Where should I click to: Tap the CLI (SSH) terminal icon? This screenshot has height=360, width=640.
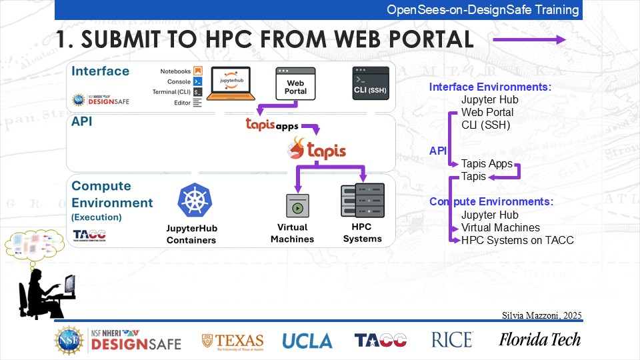pyautogui.click(x=371, y=83)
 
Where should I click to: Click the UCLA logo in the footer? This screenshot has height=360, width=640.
pyautogui.click(x=307, y=341)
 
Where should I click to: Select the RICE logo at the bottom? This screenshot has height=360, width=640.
pyautogui.click(x=452, y=339)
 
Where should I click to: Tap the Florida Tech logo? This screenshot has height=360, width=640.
pyautogui.click(x=540, y=339)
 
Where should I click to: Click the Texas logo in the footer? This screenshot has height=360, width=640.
pyautogui.click(x=233, y=341)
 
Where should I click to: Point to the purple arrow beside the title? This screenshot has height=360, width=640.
pyautogui.click(x=529, y=40)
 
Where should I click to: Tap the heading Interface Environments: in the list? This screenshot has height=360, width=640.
pyautogui.click(x=490, y=87)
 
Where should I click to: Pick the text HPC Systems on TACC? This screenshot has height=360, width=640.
pyautogui.click(x=517, y=240)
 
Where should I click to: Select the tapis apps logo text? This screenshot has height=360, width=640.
pyautogui.click(x=271, y=125)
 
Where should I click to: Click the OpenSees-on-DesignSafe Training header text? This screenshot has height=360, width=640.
pyautogui.click(x=483, y=10)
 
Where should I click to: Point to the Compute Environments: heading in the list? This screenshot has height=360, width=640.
pyautogui.click(x=491, y=201)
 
